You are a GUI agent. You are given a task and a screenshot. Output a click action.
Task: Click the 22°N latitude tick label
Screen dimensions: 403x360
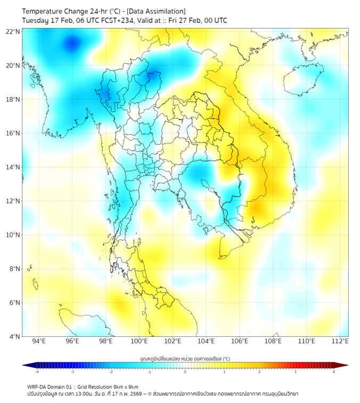tap(13, 31)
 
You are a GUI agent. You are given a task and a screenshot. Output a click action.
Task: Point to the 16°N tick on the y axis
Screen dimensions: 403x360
tap(13, 133)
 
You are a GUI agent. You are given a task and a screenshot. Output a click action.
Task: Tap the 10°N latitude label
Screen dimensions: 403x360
tap(13, 235)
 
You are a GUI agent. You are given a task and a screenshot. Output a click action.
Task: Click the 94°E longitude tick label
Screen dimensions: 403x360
tap(39, 341)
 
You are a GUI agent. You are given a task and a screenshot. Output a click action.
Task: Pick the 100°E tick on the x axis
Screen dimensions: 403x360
tap(139, 341)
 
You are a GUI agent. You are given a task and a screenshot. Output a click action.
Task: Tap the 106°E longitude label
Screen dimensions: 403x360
tap(240, 341)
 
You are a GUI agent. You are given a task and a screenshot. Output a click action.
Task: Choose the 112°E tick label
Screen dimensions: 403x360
tap(340, 341)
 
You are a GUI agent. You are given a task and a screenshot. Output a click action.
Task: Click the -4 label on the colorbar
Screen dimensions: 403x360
tap(36, 372)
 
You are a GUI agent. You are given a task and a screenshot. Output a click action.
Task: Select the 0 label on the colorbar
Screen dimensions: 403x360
tap(185, 372)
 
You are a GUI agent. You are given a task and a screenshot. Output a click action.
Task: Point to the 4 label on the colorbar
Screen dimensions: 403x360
tap(333, 372)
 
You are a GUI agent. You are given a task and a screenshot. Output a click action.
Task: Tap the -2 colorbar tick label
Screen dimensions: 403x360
tap(111, 372)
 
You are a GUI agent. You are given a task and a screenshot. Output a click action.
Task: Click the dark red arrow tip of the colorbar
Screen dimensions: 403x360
tap(345, 365)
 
